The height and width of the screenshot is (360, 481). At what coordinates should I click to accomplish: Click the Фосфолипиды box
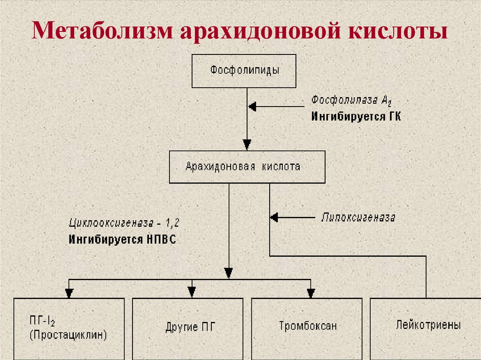tap(244, 71)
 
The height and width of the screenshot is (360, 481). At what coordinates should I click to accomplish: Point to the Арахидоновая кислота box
tap(247, 167)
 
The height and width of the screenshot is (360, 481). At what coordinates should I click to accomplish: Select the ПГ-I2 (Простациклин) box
tap(69, 329)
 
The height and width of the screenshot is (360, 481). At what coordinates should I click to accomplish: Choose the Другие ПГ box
tap(188, 329)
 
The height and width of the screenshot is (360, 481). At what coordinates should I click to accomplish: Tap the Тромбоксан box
tap(307, 329)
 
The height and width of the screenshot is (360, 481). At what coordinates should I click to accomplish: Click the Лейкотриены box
tap(426, 325)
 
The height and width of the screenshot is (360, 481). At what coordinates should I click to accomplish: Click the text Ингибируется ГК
tap(356, 116)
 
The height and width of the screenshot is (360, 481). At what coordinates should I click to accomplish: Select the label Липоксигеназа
tap(358, 217)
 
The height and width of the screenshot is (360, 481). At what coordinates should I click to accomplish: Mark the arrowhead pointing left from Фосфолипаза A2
tap(252, 107)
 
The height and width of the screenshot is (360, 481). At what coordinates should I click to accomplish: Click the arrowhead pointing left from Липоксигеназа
tap(274, 217)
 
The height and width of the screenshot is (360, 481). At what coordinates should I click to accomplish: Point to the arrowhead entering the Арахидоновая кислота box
tap(247, 144)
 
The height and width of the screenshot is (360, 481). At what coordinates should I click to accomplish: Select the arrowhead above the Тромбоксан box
tap(310, 293)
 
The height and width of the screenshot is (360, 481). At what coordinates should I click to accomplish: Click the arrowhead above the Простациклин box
tap(69, 293)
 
